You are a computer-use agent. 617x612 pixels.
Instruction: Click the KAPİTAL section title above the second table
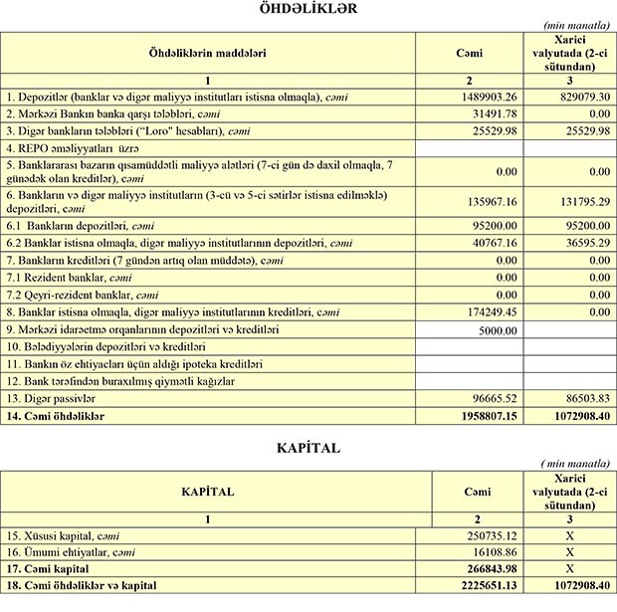308,448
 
